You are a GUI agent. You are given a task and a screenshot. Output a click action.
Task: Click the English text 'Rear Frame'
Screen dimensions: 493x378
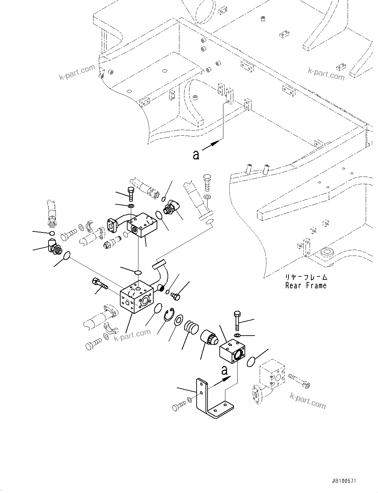click(306, 286)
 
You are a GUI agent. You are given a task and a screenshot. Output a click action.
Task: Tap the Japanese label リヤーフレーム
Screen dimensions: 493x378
click(306, 277)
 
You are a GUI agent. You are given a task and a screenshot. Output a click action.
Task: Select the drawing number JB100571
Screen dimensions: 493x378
click(342, 481)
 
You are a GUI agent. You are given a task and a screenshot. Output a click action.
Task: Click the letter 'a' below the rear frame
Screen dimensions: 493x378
click(196, 154)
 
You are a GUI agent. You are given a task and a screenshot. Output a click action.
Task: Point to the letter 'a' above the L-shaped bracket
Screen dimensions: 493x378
click(225, 370)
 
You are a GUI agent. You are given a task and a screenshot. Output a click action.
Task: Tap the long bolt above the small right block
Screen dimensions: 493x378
click(237, 320)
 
